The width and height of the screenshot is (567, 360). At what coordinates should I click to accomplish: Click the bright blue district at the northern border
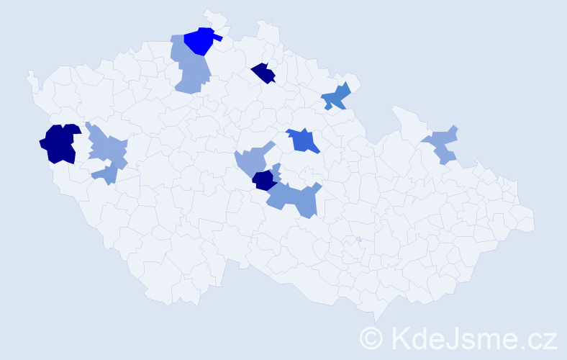click(x=199, y=42)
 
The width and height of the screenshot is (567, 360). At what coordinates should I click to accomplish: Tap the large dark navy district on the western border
click(x=60, y=143)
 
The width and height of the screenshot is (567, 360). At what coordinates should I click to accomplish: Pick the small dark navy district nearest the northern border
click(x=264, y=73)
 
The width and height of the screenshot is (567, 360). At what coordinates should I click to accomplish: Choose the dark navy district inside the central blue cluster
click(x=264, y=180)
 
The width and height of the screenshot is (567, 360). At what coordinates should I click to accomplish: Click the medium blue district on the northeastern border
click(x=336, y=96)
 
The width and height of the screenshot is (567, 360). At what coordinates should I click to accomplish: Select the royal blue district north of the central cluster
click(x=303, y=140)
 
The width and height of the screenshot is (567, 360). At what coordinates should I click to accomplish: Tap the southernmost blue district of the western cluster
click(x=106, y=174)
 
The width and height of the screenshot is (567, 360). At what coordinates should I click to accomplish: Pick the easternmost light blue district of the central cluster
click(x=307, y=201)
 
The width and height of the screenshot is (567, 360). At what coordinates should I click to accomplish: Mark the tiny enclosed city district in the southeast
click(x=358, y=240)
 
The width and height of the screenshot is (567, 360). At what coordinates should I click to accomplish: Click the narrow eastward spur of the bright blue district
click(x=217, y=38)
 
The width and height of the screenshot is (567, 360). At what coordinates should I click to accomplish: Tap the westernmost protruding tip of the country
click(x=30, y=73)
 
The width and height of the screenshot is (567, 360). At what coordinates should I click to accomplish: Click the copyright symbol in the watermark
click(x=372, y=338)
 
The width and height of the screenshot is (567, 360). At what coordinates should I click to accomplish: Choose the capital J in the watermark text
click(x=461, y=338)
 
